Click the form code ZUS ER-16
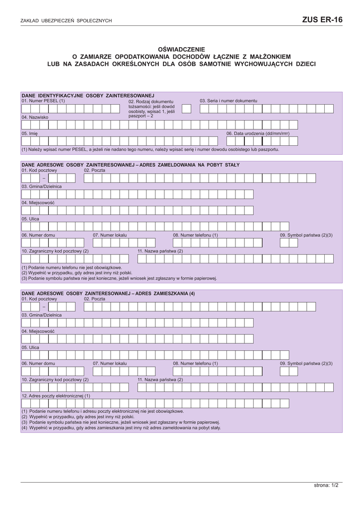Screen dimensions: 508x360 click(322, 20)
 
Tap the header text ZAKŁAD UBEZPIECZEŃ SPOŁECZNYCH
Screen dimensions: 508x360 click(66, 21)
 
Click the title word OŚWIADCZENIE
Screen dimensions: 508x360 click(181, 50)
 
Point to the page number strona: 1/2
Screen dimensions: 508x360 click(326, 485)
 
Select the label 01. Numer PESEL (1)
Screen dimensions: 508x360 click(43, 101)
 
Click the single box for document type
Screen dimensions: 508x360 click(186, 109)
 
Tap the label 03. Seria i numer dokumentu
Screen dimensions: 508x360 click(228, 101)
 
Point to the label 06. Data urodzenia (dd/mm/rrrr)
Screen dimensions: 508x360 click(258, 133)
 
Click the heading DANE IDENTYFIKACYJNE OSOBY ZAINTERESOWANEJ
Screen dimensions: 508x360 click(88, 95)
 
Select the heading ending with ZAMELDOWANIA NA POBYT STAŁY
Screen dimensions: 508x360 click(130, 165)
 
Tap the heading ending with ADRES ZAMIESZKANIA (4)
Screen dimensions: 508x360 click(108, 294)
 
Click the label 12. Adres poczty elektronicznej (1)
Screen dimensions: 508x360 click(56, 396)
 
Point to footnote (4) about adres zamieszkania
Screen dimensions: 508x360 click(121, 427)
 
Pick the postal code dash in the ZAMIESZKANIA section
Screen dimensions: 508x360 click(44, 307)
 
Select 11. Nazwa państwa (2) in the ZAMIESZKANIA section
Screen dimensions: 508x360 click(160, 380)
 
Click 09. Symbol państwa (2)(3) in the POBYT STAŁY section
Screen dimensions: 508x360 click(306, 235)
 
